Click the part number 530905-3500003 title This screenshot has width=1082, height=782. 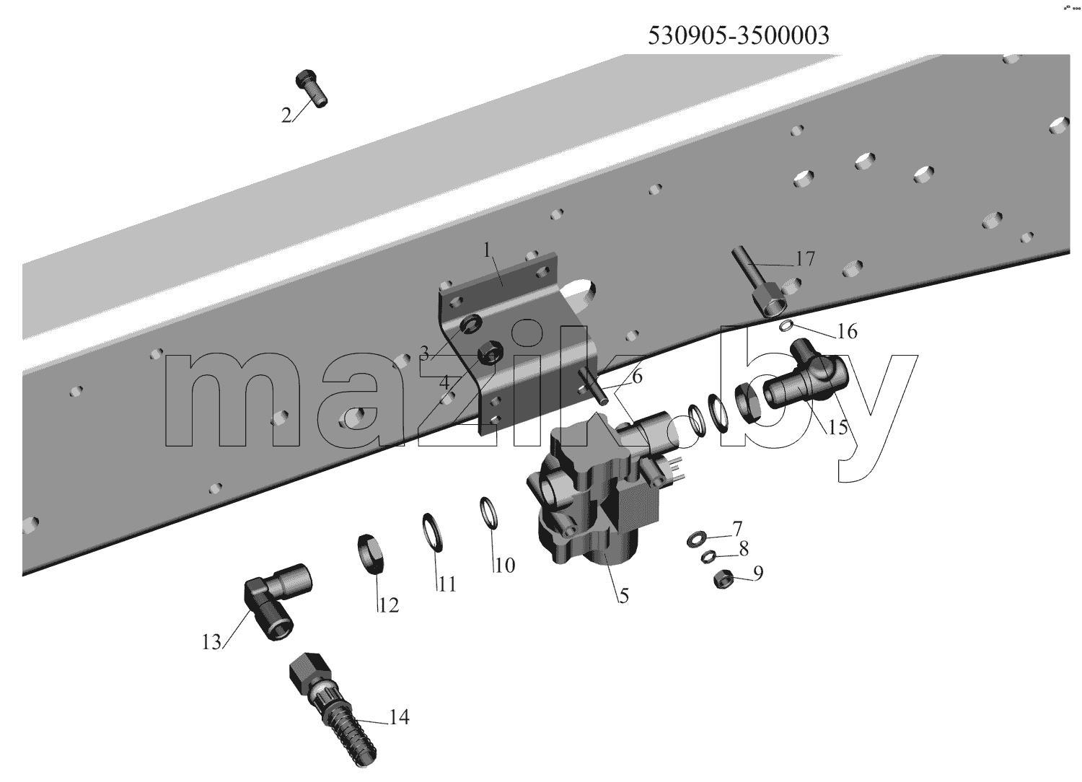pos(738,35)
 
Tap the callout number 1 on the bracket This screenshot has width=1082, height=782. pos(487,250)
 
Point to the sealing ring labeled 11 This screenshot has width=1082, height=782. pos(433,533)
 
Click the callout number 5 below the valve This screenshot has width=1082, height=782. pos(624,596)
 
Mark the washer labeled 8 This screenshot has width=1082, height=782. pos(708,556)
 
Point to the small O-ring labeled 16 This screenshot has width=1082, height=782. pos(786,327)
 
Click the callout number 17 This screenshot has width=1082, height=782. pos(805,259)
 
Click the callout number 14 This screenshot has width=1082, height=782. pos(399,717)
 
